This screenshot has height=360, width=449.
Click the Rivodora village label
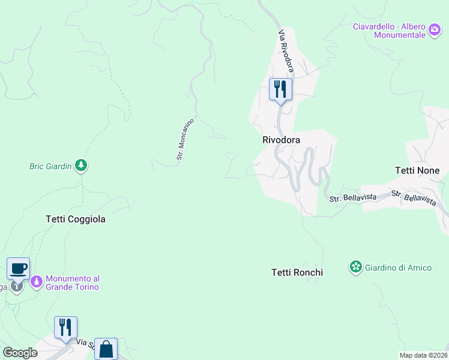[x=281, y=140]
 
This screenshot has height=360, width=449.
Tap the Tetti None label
[x=417, y=170]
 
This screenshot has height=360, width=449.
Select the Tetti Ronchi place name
[x=297, y=272]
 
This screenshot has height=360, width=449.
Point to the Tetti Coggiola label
[x=76, y=219]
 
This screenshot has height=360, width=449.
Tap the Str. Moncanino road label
[x=185, y=139]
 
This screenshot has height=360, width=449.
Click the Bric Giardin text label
[x=50, y=166]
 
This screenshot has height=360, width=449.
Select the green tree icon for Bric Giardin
[x=81, y=166]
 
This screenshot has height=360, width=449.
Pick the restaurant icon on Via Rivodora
[x=280, y=89]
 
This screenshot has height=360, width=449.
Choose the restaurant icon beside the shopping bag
[x=65, y=327]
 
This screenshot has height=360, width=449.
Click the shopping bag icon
[x=106, y=349]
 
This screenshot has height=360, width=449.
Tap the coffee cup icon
[x=19, y=268]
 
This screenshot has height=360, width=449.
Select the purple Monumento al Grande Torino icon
[x=37, y=281]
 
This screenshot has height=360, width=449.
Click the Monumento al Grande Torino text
[x=72, y=283]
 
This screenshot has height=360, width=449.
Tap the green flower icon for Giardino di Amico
[x=357, y=267]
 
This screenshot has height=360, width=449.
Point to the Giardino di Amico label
[x=398, y=268]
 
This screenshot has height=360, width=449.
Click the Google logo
[x=20, y=352]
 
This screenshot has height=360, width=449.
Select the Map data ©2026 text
[x=423, y=355]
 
